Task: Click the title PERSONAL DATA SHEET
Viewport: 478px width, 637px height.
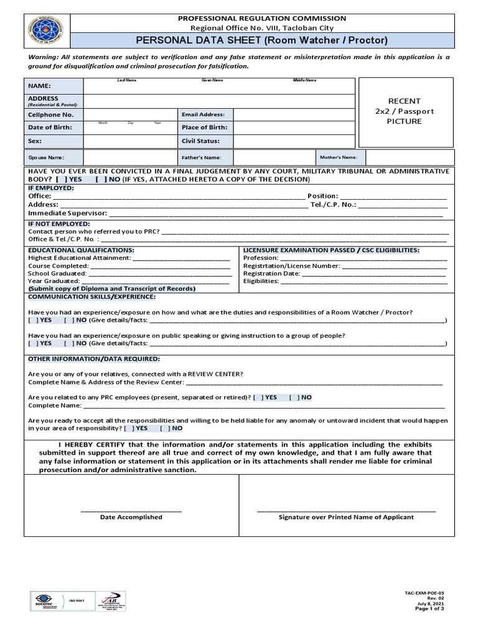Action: point(261,41)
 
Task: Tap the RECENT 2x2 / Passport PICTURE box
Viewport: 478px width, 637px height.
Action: point(404,111)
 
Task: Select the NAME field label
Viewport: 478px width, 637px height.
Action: point(39,86)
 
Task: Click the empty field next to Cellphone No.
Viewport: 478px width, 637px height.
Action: point(130,114)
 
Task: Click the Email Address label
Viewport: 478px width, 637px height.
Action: point(203,114)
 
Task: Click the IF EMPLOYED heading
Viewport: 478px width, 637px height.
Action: point(51,187)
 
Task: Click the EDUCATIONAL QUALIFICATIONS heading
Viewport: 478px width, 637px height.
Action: point(81,249)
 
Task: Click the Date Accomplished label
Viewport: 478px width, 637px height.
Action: point(131,517)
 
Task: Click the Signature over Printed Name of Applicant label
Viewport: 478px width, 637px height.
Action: point(346,517)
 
